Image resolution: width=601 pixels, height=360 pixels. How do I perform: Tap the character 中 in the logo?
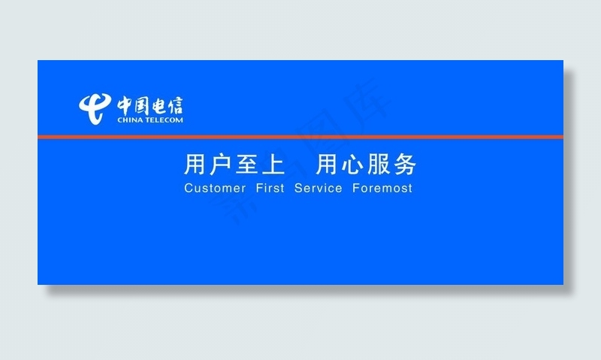click(125, 104)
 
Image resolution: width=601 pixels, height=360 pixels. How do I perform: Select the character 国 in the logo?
click(143, 104)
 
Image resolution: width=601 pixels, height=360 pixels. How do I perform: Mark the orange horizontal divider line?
click(300, 137)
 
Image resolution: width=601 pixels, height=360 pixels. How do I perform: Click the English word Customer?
click(215, 188)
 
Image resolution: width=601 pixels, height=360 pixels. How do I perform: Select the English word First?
click(270, 188)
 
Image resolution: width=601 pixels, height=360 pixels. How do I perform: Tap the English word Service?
click(319, 188)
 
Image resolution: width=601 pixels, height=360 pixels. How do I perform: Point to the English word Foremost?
click(382, 188)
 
